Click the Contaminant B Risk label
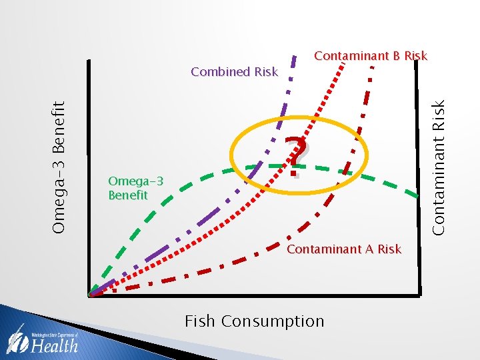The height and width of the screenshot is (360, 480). click(x=370, y=56)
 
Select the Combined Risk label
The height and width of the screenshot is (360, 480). click(x=234, y=72)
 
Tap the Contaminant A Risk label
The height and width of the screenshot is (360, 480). click(x=343, y=249)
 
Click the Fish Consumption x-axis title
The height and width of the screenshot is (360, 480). click(x=254, y=321)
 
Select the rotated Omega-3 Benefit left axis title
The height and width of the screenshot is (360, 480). click(x=59, y=167)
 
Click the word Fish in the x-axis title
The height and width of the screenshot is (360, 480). click(x=199, y=321)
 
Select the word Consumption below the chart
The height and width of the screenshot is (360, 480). click(x=273, y=321)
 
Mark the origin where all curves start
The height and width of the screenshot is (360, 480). click(x=90, y=294)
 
